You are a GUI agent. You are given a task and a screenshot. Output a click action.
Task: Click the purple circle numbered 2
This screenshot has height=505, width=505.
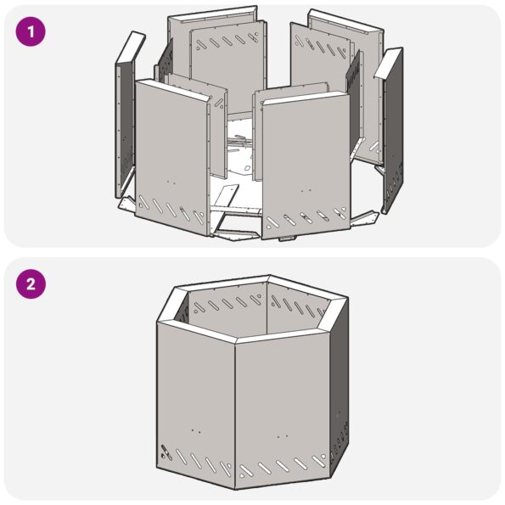(x=31, y=283)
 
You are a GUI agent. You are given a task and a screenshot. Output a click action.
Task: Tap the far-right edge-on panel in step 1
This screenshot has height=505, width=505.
(x=392, y=127)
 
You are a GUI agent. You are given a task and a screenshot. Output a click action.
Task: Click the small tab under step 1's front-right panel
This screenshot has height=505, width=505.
(x=284, y=239)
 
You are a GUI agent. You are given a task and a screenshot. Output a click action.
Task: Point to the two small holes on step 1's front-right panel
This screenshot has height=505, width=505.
(x=305, y=191)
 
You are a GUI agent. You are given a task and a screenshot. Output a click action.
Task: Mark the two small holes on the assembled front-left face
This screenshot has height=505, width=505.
(x=195, y=430)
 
